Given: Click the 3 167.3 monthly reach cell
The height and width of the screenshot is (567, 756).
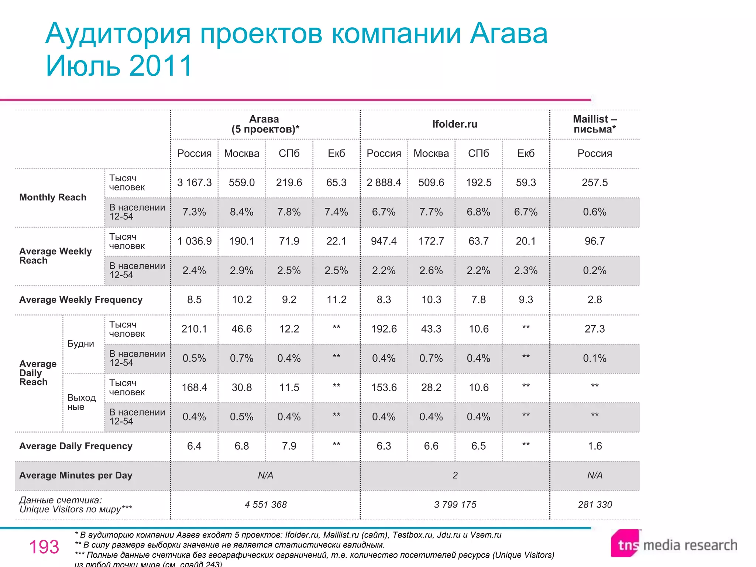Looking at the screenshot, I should (194, 183).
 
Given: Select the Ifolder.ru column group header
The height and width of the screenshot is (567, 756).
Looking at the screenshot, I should (454, 124).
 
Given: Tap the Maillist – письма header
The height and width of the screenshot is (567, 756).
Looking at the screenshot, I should (594, 124).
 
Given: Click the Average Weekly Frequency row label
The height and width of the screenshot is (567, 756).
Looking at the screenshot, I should (81, 300).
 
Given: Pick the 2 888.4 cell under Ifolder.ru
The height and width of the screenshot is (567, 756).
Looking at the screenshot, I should (384, 183).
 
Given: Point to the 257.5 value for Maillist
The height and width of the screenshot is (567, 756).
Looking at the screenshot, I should (594, 183).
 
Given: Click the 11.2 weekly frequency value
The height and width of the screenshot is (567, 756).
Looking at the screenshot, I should (336, 300).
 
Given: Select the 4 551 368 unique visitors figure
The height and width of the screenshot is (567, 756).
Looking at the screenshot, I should (265, 505).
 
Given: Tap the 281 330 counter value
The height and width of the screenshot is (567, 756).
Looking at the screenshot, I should (595, 505).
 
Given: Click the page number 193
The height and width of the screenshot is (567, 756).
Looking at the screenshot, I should (44, 547).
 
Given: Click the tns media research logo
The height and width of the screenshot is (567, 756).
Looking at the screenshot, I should (674, 544).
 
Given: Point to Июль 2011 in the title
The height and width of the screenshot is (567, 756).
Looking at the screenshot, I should (119, 66).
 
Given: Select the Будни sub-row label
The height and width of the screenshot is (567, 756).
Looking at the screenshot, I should (80, 344).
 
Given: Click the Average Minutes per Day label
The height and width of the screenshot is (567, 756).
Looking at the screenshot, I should (76, 475).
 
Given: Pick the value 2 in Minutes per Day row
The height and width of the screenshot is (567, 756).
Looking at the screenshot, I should (455, 475).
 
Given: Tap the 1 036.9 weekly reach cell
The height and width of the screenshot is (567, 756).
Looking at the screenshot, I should (194, 241).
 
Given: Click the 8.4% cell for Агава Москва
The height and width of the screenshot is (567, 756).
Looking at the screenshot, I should (241, 212).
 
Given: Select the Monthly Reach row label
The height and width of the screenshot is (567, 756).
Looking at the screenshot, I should (53, 197).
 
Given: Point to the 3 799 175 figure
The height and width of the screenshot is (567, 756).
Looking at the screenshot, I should (455, 505).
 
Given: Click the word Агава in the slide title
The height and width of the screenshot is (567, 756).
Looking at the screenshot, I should (509, 34).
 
